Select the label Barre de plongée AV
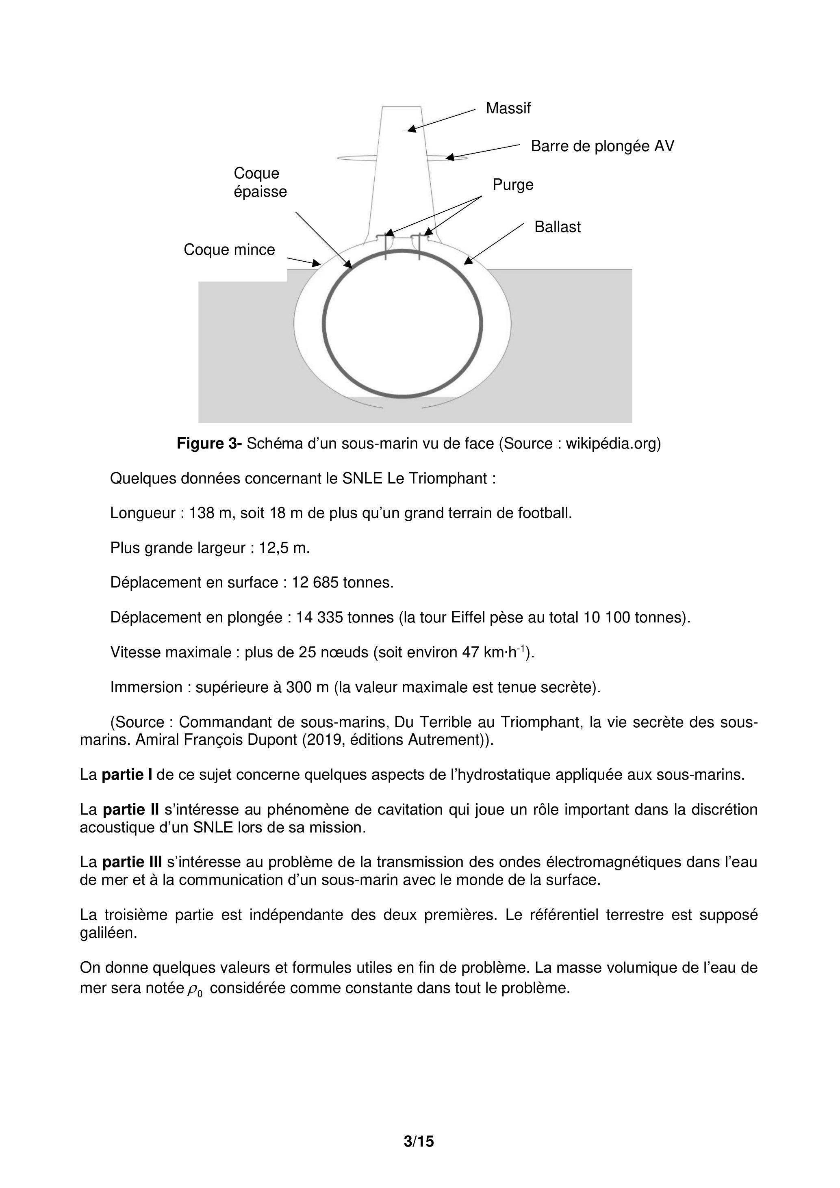(602, 146)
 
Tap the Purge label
(512, 185)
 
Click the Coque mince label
(229, 250)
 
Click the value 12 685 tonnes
(343, 583)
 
